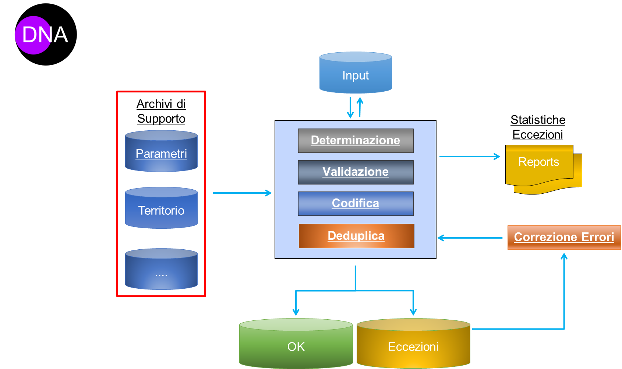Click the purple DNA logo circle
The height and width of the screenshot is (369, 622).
(33, 35)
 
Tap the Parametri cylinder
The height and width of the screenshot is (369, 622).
(161, 151)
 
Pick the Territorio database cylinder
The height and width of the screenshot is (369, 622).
(161, 208)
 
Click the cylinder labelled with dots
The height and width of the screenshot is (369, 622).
(161, 270)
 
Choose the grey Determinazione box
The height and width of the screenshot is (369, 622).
(356, 140)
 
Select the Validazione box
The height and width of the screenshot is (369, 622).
(356, 172)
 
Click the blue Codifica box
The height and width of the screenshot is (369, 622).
(356, 203)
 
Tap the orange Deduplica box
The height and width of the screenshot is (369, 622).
(356, 236)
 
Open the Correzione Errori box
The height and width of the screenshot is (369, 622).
(564, 237)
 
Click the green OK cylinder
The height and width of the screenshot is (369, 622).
(296, 344)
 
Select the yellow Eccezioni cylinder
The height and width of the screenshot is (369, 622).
(413, 344)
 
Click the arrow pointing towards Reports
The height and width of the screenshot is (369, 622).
(470, 157)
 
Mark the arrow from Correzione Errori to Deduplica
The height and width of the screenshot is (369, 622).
(470, 238)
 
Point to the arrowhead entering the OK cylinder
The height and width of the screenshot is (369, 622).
(296, 312)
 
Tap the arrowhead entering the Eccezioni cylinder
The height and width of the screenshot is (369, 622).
(413, 312)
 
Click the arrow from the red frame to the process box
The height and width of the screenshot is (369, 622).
(242, 193)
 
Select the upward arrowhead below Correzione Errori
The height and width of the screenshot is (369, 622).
(564, 256)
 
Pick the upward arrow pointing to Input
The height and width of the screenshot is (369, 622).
(360, 107)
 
